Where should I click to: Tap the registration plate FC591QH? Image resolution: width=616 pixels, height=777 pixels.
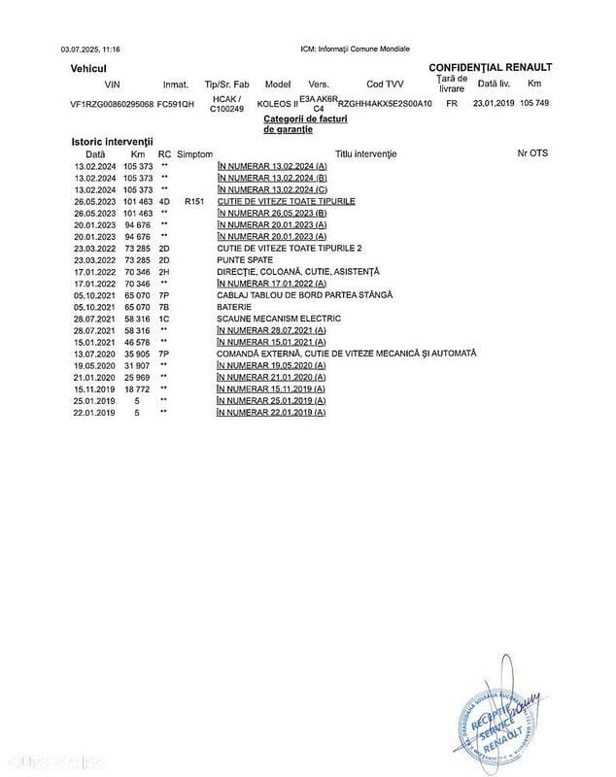coord(176,103)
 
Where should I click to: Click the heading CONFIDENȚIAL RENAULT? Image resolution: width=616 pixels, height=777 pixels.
coord(490,67)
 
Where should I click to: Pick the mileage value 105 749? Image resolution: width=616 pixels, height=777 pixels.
coord(534,103)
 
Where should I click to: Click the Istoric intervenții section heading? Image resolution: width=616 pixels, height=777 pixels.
coord(105,142)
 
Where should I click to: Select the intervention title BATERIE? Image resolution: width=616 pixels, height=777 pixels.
coord(234,306)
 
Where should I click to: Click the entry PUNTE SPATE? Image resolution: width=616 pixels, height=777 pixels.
coord(245,259)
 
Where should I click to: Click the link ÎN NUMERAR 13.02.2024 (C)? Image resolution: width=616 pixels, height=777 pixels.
coord(272,189)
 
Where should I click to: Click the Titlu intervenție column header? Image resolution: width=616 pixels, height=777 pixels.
coord(366,153)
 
